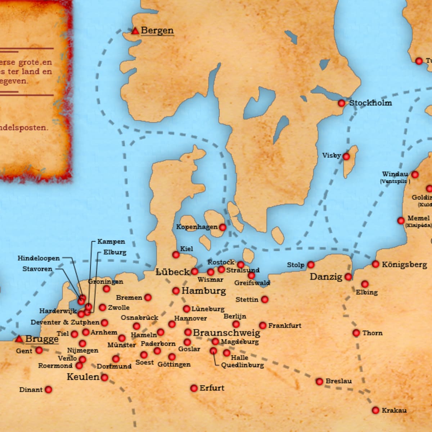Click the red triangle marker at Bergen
coord(135,31)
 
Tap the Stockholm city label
coord(370,103)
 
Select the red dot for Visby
coord(346,157)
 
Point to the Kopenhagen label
coord(197,227)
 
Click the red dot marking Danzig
coord(348,277)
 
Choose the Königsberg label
coord(404,265)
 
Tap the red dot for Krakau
coord(375,410)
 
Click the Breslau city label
coord(338,381)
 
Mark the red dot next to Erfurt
coord(194,388)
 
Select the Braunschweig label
coord(226,333)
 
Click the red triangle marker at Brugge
coord(19,339)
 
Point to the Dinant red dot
coord(48,390)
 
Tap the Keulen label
coord(83,377)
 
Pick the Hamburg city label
coord(204,291)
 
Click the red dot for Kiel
coord(176,255)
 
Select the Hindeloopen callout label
coord(39,258)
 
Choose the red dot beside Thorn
coord(356,333)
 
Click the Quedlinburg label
coord(242,365)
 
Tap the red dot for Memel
coord(401,220)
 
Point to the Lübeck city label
coord(172,272)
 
